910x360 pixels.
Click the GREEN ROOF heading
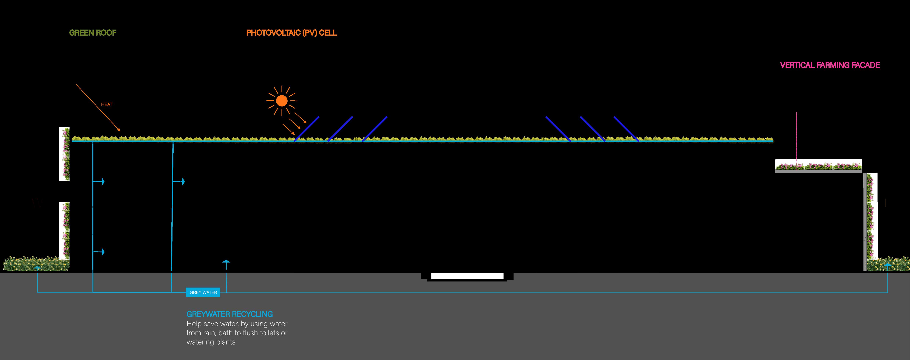point(92,33)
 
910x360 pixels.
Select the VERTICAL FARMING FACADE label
point(829,65)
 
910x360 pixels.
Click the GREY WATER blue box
point(203,292)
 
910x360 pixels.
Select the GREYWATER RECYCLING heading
point(230,314)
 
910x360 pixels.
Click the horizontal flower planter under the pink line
point(818,165)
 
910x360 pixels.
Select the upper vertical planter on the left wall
point(64,154)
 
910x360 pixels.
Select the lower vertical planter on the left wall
point(64,230)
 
